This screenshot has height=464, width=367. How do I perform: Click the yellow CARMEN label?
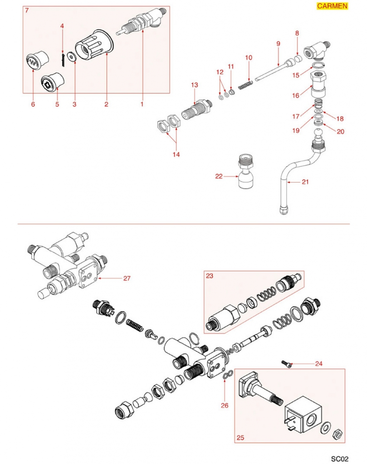coord(332,6)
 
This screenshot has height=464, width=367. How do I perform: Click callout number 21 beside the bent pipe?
coord(305,182)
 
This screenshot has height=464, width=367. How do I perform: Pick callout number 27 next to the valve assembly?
coord(127,278)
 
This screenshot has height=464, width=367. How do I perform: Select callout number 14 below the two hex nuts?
coord(176,155)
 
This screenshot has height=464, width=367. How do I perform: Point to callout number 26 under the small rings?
coord(225,405)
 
